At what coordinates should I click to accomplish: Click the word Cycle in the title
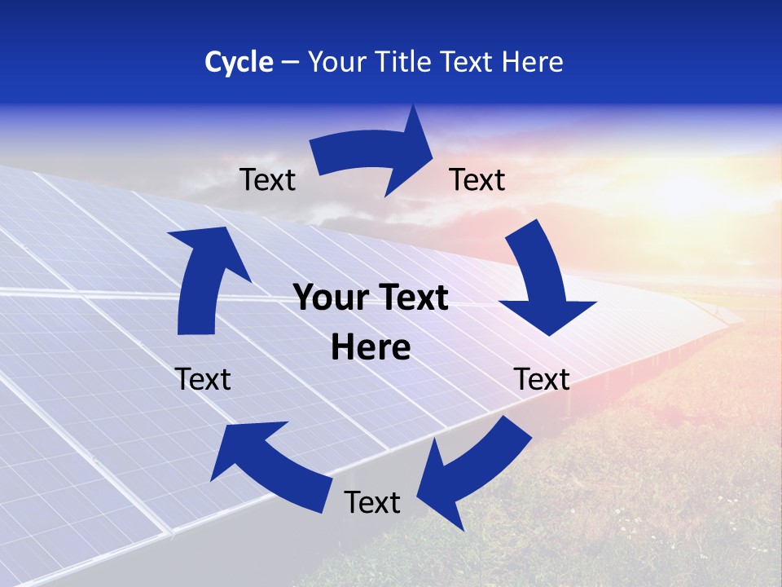[239, 62]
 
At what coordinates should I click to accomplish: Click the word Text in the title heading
[468, 62]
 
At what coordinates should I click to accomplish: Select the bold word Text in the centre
[411, 298]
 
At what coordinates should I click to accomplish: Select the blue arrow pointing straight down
[543, 281]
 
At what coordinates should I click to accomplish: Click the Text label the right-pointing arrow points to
[477, 179]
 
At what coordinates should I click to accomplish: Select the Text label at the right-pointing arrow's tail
[267, 179]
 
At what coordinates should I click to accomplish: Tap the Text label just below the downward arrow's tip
[542, 379]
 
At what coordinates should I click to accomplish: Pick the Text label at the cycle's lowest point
[372, 502]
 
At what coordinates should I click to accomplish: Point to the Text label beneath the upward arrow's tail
[203, 379]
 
